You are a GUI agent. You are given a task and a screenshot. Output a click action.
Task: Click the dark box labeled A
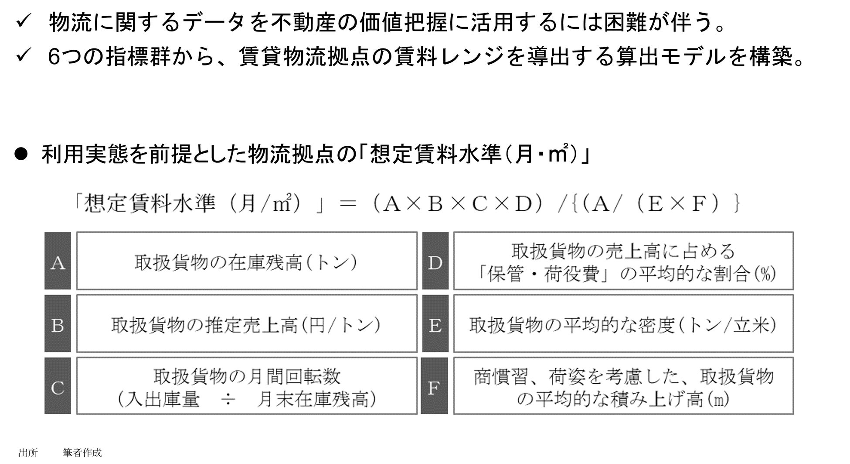click(x=58, y=261)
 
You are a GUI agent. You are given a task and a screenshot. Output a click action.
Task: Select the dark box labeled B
click(x=58, y=324)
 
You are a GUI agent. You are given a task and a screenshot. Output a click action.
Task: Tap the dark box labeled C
click(x=58, y=386)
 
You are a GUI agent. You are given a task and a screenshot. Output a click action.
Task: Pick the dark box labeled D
click(x=435, y=261)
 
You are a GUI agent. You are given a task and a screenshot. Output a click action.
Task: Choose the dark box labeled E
click(x=435, y=324)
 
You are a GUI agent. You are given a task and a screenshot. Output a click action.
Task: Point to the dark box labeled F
click(x=435, y=386)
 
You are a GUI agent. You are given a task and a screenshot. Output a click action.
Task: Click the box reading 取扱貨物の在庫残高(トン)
click(x=247, y=261)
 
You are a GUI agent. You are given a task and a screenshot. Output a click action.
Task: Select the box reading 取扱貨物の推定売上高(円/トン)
click(x=247, y=324)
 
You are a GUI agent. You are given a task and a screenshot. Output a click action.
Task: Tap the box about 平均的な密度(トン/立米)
click(x=623, y=324)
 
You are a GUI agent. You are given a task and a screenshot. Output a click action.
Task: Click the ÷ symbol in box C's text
click(x=228, y=399)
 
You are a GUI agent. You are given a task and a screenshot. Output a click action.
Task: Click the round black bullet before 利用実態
click(x=21, y=154)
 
